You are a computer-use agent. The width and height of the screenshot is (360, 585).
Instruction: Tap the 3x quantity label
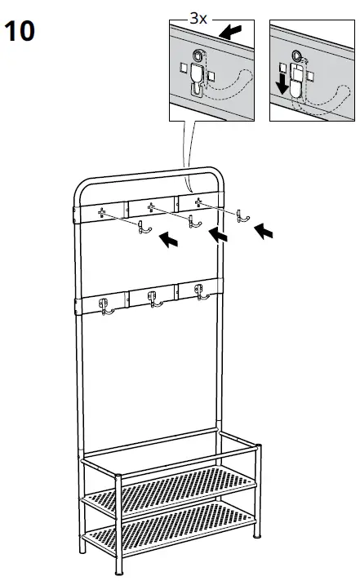click(198, 16)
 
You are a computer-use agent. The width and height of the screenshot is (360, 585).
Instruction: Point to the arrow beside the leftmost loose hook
click(167, 239)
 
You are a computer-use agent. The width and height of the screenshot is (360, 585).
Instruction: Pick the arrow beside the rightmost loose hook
click(264, 232)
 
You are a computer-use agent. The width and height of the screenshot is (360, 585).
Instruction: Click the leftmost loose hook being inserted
click(142, 228)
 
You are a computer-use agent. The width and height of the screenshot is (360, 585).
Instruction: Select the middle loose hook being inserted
click(193, 221)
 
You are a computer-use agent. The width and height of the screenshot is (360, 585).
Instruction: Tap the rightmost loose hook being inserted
click(240, 215)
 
